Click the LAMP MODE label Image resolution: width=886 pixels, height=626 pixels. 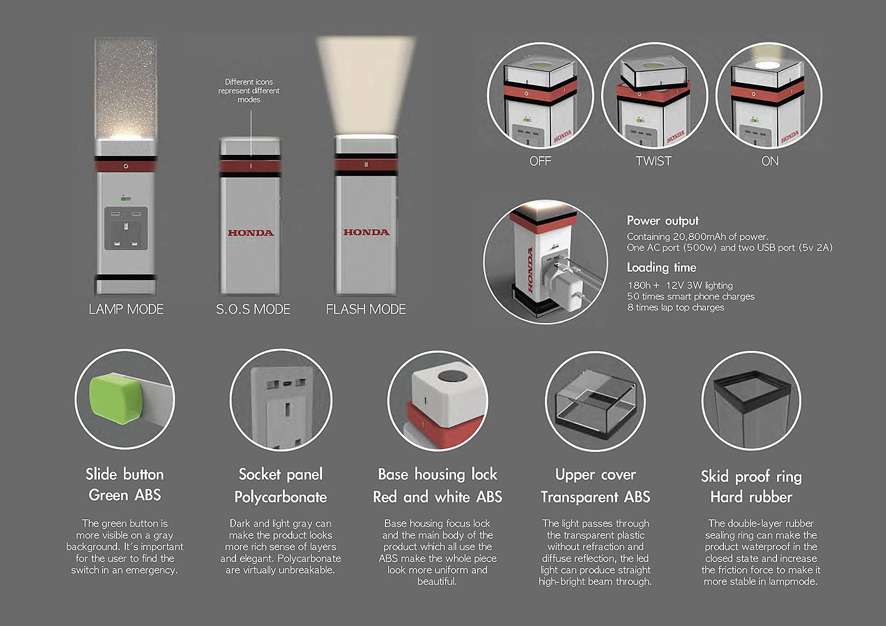126,309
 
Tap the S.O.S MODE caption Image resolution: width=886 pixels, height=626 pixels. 253,309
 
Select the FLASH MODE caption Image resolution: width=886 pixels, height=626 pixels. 366,309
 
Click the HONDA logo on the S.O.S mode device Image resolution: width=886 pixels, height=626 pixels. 251,233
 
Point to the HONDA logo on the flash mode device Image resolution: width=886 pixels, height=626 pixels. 366,232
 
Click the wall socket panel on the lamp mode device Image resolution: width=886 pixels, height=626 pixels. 126,228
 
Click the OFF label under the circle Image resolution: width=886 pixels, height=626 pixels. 540,161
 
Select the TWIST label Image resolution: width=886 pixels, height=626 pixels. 653,161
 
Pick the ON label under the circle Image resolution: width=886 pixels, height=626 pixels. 770,161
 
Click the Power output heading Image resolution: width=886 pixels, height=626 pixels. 663,221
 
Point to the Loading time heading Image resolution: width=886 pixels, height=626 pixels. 661,267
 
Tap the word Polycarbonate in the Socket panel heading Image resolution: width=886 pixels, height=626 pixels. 280,497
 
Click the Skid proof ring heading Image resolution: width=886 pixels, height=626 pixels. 751,476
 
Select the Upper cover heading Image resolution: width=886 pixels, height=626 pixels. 596,475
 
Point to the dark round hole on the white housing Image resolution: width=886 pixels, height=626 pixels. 452,376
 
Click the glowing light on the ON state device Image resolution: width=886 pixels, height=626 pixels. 767,65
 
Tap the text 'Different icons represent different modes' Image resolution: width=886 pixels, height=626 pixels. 249,90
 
